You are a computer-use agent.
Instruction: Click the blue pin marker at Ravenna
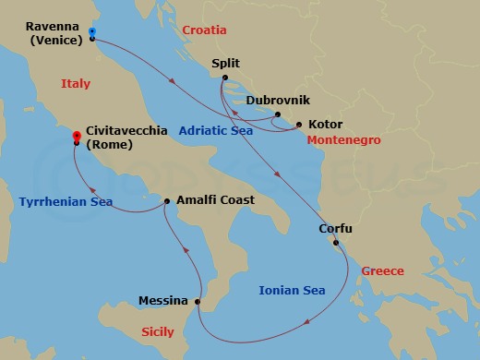click(x=92, y=33)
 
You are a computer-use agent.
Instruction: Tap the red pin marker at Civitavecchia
click(x=76, y=138)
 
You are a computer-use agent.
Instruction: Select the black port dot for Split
click(x=222, y=79)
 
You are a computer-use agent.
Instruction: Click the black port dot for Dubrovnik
click(x=275, y=114)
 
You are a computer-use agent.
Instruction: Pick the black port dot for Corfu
click(x=336, y=244)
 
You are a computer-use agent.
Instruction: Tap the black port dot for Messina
click(x=198, y=301)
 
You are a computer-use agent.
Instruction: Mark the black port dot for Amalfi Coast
click(x=166, y=200)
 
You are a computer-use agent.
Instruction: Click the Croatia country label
click(x=204, y=30)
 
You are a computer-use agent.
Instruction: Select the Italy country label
click(x=76, y=84)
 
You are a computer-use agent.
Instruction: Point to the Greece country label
click(x=382, y=271)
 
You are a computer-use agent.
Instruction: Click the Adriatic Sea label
click(x=216, y=130)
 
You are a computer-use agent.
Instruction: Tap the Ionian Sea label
click(x=293, y=291)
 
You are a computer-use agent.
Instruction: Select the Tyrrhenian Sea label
click(x=53, y=201)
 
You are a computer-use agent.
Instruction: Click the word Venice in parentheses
click(x=56, y=41)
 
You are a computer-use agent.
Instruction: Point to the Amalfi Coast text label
click(x=214, y=200)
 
